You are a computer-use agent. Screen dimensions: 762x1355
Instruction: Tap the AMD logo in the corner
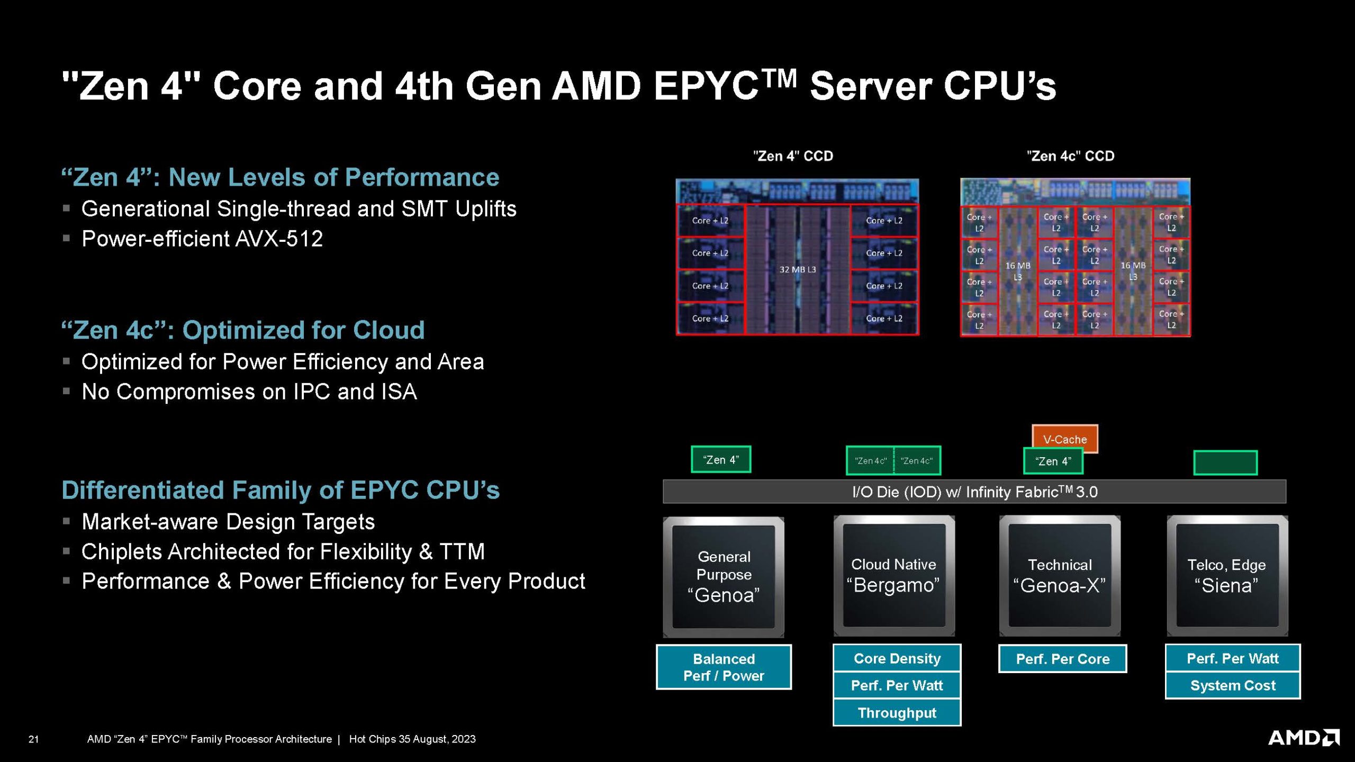coord(1303,737)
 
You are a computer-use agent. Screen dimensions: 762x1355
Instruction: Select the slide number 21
coord(33,739)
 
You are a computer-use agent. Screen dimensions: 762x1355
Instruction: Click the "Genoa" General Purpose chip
coord(723,576)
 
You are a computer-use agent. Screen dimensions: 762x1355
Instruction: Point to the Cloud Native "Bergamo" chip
coord(893,575)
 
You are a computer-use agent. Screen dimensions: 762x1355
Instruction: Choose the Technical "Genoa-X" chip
coord(1060,575)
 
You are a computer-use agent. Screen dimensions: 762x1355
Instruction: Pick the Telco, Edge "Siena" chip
coord(1226,575)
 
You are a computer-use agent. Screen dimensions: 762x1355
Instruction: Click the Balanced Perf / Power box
coord(724,667)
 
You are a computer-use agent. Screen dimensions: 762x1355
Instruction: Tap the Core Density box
coord(897,658)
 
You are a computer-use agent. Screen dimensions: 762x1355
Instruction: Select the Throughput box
coord(897,713)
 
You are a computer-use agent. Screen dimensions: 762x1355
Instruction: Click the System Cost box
coord(1232,685)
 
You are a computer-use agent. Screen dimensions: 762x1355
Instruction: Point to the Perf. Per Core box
coord(1062,659)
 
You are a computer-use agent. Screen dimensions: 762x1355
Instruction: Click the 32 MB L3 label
coord(797,269)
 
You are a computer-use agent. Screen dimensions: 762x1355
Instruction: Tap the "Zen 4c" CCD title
coord(1070,156)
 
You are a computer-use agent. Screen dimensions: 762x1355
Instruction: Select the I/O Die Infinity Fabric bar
coord(974,492)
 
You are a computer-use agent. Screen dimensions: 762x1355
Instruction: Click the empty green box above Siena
coord(1225,462)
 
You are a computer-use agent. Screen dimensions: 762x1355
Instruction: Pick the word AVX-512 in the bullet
coord(279,239)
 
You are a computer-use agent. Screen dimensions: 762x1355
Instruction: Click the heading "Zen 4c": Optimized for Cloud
coord(243,330)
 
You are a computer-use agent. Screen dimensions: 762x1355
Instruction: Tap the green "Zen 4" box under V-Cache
coord(1053,461)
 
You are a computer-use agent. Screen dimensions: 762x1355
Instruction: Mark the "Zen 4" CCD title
coord(793,156)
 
